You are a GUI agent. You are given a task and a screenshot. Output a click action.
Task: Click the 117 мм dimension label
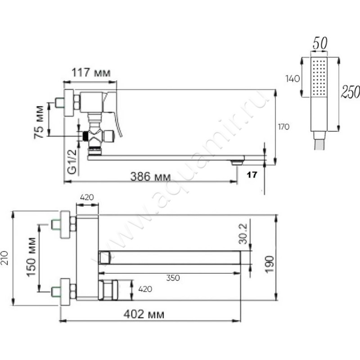click(x=91, y=72)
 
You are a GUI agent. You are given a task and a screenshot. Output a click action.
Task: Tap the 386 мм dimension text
click(x=150, y=176)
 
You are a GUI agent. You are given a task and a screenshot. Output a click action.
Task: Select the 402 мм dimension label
click(x=144, y=314)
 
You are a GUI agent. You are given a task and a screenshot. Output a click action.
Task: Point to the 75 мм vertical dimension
click(x=39, y=122)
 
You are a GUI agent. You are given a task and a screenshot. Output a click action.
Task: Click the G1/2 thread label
click(x=72, y=162)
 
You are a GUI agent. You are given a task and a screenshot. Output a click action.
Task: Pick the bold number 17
click(x=252, y=175)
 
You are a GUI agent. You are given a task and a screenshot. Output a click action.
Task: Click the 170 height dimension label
click(x=283, y=127)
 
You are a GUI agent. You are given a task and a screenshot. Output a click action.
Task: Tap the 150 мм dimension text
click(x=31, y=257)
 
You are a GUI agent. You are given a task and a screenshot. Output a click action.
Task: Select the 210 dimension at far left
click(x=5, y=258)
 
